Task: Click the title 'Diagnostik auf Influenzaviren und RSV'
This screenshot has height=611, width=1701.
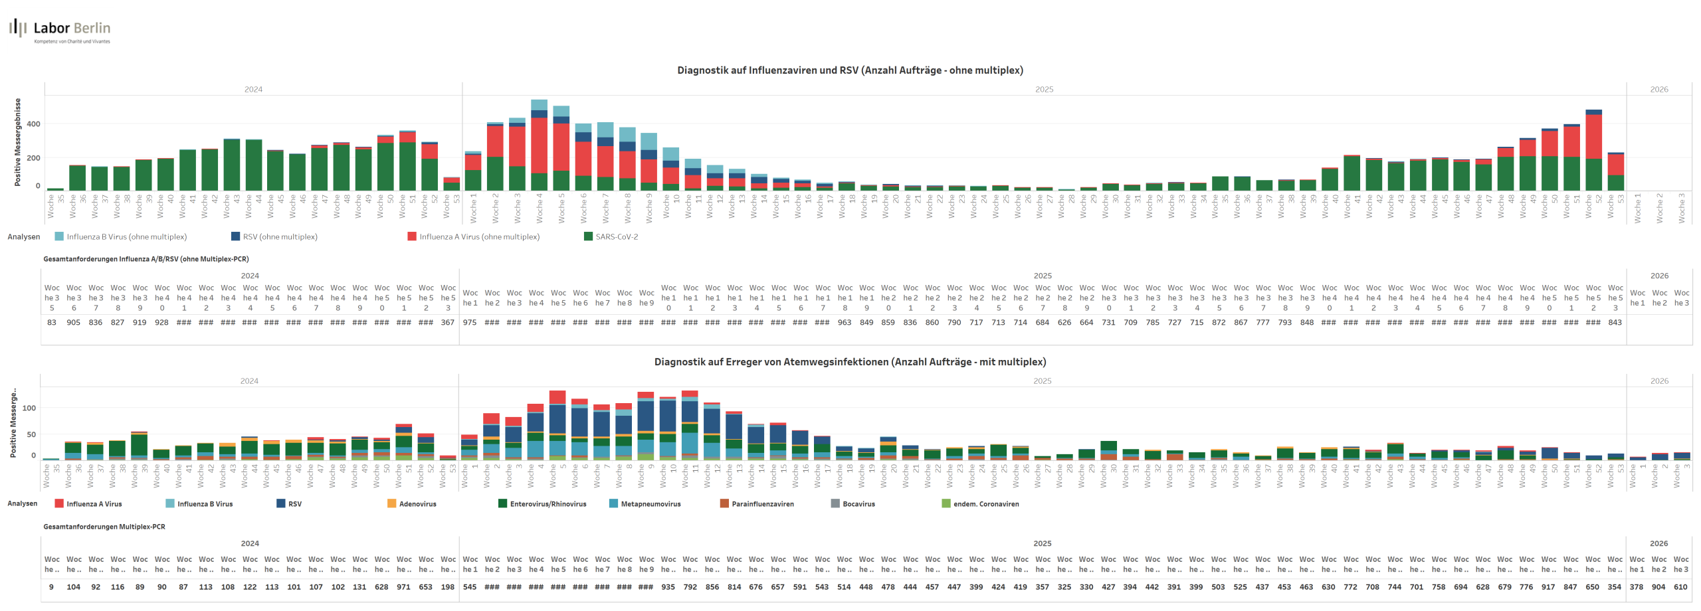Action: click(850, 70)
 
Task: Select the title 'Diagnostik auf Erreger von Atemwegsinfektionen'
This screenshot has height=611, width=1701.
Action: click(850, 362)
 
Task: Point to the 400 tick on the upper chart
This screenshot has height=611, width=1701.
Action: click(33, 124)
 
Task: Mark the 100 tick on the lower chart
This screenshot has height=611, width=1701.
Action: click(29, 408)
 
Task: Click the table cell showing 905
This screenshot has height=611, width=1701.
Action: click(74, 323)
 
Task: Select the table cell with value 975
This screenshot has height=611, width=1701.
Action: click(470, 323)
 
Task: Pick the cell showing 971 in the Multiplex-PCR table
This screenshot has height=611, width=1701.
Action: click(403, 587)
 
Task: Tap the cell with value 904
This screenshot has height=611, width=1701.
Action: click(1658, 587)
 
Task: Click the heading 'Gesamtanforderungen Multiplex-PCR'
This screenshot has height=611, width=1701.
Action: click(104, 527)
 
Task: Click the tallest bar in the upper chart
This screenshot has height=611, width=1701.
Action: click(539, 146)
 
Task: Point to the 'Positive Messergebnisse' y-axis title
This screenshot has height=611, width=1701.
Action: click(18, 142)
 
